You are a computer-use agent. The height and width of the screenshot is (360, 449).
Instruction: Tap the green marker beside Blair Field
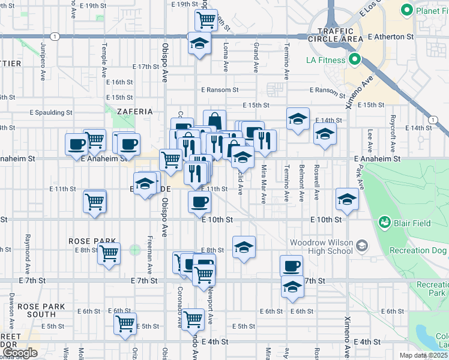[x=384, y=223]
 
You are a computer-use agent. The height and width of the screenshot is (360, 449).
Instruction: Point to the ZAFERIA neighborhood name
[x=135, y=112]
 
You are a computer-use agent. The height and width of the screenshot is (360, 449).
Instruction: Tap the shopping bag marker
[x=214, y=119]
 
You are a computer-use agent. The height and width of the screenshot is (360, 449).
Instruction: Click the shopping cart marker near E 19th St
[x=206, y=19]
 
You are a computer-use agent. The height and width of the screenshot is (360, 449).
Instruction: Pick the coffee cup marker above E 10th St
[x=199, y=202]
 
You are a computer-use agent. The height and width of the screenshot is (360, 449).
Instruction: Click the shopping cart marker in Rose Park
[x=109, y=254]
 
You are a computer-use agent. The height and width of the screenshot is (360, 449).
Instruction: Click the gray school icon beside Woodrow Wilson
[x=362, y=245]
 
